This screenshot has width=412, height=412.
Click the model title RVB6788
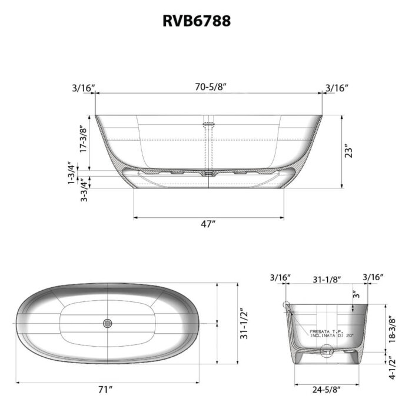197,21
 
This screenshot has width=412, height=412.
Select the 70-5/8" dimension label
211,87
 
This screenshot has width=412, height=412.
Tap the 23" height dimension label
348,151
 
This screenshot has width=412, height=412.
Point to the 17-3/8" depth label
84,139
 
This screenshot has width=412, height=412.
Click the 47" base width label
208,224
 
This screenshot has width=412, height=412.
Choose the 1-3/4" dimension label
71,173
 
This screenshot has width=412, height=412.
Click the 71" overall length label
105,390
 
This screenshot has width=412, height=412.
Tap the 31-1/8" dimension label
327,280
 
